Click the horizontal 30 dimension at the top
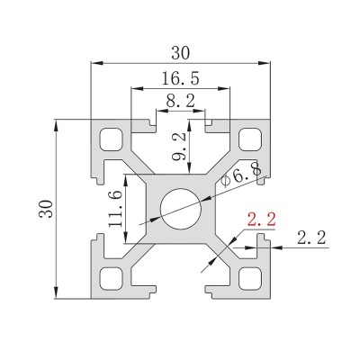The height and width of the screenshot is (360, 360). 181,53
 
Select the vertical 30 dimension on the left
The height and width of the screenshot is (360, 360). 47,209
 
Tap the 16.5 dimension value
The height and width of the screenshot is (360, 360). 181,78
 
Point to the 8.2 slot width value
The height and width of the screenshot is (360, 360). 181,101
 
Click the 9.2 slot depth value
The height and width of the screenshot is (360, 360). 181,147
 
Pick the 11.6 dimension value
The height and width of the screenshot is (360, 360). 115,209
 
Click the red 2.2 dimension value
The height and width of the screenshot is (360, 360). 261,220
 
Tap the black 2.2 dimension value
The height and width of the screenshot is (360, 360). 311,238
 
